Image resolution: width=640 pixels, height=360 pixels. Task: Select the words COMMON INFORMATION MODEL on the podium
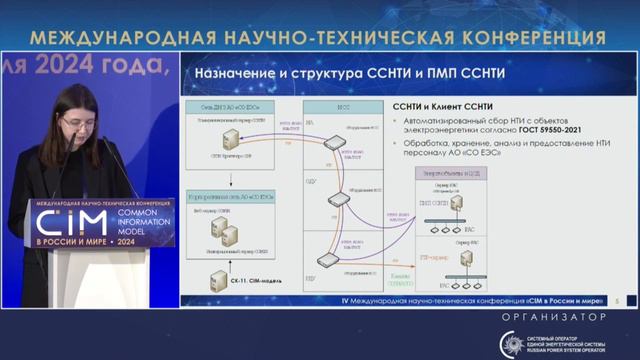click(x=143, y=223)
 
